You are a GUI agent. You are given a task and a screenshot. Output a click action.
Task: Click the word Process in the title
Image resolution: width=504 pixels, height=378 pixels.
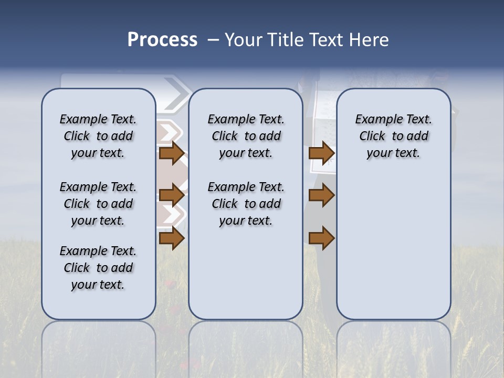click(162, 40)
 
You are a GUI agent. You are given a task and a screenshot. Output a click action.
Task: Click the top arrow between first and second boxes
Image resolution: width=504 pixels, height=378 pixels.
click(171, 153)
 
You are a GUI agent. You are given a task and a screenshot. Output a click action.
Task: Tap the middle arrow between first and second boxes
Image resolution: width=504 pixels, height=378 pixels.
click(171, 195)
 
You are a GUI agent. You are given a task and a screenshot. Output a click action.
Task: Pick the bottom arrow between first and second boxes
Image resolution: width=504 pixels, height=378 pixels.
click(171, 238)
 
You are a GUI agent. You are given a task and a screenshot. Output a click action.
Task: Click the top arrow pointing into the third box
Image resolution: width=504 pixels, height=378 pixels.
click(321, 153)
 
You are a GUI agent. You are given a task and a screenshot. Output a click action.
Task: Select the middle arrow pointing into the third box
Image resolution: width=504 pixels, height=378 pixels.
click(321, 195)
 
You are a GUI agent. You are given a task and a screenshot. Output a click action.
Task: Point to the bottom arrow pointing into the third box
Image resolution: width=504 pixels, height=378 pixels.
click(321, 238)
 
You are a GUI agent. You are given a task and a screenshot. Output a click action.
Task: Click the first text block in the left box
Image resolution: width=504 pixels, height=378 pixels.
click(98, 136)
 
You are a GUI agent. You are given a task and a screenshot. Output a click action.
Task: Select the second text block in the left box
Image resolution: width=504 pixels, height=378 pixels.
click(98, 204)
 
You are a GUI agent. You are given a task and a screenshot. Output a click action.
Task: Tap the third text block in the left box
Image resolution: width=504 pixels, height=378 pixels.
click(98, 268)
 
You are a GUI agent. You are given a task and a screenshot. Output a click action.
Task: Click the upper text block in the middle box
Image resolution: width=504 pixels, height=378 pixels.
click(246, 136)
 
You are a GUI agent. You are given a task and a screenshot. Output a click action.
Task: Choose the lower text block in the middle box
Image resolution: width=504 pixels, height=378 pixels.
click(246, 204)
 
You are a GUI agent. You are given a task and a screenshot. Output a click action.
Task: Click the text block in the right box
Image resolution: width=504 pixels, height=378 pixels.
click(394, 136)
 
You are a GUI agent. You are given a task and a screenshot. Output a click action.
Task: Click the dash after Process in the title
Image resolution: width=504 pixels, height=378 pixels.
click(213, 40)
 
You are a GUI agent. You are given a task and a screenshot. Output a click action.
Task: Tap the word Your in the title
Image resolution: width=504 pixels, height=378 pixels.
click(244, 40)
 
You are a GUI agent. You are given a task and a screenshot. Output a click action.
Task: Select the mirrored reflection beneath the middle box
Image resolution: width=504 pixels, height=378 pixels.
click(246, 346)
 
